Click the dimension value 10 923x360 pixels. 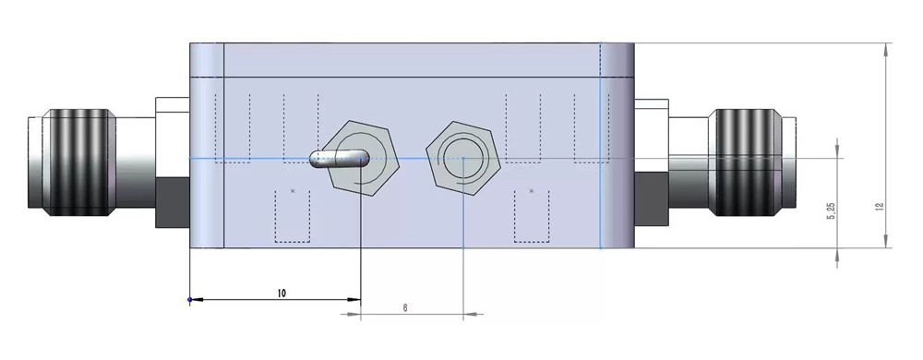(282, 293)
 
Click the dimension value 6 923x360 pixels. (405, 307)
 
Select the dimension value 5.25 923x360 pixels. (832, 211)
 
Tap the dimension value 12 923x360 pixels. (880, 207)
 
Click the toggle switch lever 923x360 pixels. (339, 158)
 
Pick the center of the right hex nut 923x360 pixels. (463, 158)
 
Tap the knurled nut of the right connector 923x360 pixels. (745, 162)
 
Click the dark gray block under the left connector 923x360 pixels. (173, 202)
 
